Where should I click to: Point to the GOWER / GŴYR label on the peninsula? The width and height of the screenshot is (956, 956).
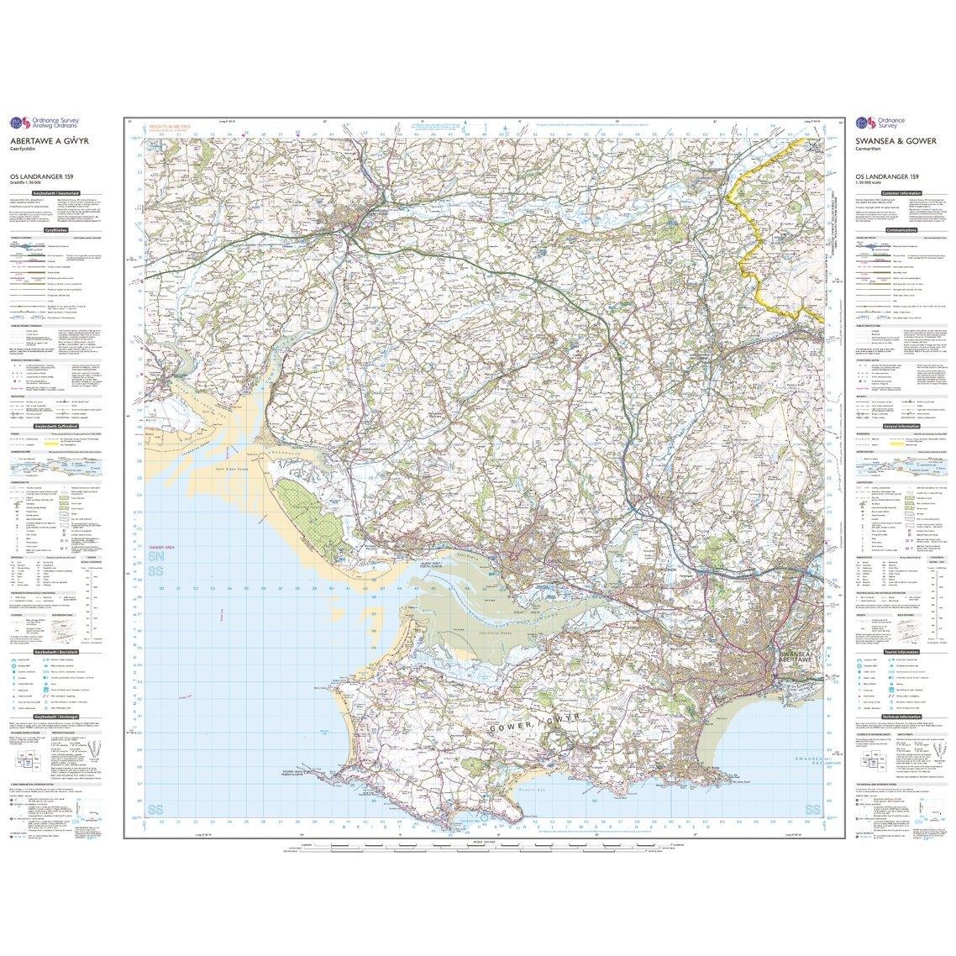[x=538, y=710]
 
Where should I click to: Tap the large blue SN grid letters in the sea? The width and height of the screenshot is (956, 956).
[x=155, y=558]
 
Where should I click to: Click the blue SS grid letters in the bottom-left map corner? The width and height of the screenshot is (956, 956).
[x=155, y=810]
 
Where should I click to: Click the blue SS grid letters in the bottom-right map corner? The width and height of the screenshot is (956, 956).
[x=812, y=810]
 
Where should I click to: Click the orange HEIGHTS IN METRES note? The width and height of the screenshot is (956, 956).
[x=171, y=126]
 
